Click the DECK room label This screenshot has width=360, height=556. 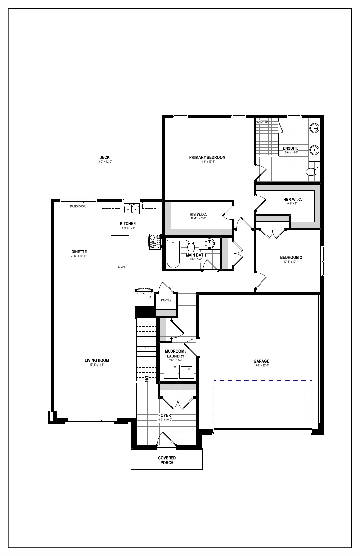(104, 157)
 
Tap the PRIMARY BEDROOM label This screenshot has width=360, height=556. (207, 157)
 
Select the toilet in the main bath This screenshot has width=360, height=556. (191, 246)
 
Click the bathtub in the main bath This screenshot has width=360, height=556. (173, 253)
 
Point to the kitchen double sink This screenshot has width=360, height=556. (132, 209)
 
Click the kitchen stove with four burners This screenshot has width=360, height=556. (155, 241)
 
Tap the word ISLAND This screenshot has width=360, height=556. (122, 267)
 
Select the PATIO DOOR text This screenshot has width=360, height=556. (78, 206)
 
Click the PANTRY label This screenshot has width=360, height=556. (166, 300)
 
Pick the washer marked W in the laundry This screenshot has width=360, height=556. (187, 372)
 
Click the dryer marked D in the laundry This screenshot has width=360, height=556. (171, 372)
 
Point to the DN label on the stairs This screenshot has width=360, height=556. (147, 379)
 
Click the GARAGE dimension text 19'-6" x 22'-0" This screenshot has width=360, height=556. (261, 365)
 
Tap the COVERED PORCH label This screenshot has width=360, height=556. (167, 460)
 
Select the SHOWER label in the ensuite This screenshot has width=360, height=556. (262, 122)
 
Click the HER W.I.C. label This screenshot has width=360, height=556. (293, 200)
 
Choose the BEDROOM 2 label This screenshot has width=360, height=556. (291, 257)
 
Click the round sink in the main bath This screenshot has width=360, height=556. (210, 244)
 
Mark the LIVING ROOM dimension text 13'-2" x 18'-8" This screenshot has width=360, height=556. (97, 365)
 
